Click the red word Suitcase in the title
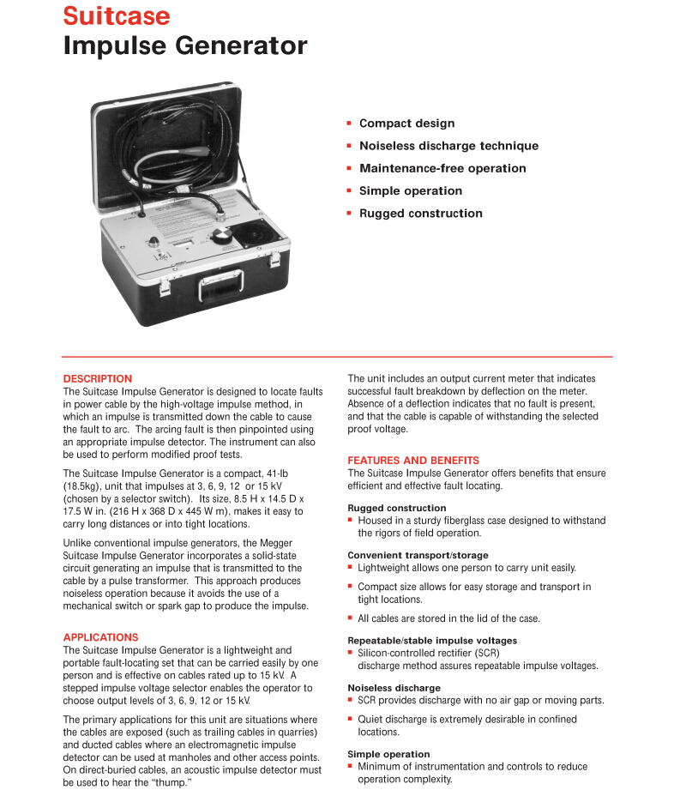pos(117,15)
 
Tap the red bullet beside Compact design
pos(349,124)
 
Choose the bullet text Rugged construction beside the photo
pos(420,214)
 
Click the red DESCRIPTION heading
pos(98,378)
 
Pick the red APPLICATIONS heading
pos(100,637)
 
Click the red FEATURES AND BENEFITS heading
pos(413,461)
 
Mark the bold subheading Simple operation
pos(388,754)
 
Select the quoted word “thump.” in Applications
pos(171,783)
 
